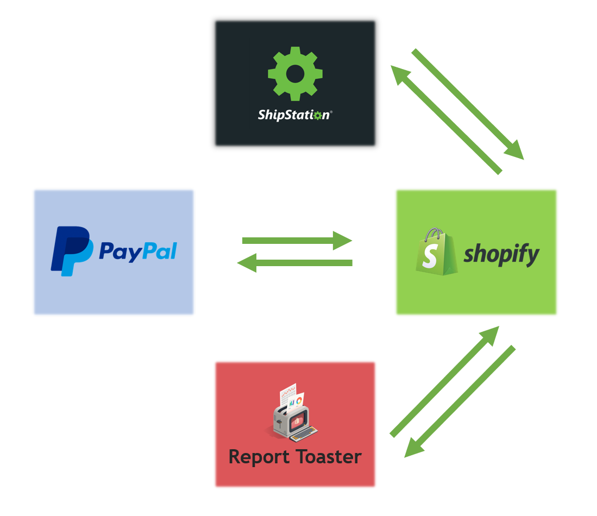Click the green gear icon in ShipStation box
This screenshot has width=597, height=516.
click(295, 73)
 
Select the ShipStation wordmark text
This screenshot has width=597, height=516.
click(294, 115)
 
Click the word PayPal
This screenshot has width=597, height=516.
click(138, 251)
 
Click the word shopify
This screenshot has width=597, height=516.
click(501, 254)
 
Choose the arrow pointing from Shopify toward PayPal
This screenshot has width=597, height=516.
click(296, 263)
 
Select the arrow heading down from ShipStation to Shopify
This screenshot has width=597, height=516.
click(467, 104)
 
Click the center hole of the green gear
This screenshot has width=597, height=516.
click(295, 73)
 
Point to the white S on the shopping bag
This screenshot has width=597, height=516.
click(429, 256)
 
